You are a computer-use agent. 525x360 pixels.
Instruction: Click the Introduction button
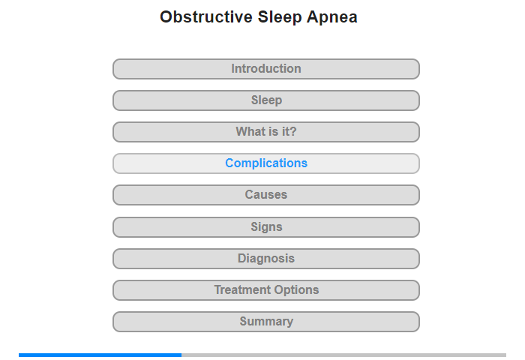pyautogui.click(x=266, y=69)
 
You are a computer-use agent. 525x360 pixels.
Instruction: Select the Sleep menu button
pyautogui.click(x=266, y=100)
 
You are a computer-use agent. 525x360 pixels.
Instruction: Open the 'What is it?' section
pyautogui.click(x=266, y=132)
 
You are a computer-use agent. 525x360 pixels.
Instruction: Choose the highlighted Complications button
pyautogui.click(x=266, y=163)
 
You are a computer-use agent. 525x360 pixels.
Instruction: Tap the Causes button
pyautogui.click(x=266, y=195)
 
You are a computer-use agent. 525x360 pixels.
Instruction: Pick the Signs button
pyautogui.click(x=266, y=227)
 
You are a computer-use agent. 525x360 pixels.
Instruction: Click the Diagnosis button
pyautogui.click(x=266, y=259)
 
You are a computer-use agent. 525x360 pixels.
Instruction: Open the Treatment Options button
pyautogui.click(x=266, y=290)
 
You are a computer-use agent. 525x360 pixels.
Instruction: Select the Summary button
pyautogui.click(x=266, y=322)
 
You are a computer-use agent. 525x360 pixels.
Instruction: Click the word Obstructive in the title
pyautogui.click(x=206, y=16)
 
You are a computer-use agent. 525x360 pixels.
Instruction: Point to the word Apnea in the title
pyautogui.click(x=331, y=17)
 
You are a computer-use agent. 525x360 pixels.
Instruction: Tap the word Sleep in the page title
pyautogui.click(x=279, y=17)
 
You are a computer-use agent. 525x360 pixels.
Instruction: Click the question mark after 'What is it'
pyautogui.click(x=293, y=131)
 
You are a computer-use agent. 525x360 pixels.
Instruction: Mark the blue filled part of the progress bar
pyautogui.click(x=100, y=355)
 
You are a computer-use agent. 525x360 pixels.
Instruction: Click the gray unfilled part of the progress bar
pyautogui.click(x=343, y=355)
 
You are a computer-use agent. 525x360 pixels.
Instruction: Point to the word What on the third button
pyautogui.click(x=250, y=131)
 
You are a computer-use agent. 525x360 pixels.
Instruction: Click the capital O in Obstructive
pyautogui.click(x=166, y=17)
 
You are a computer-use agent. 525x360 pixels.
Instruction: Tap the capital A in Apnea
pyautogui.click(x=312, y=17)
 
